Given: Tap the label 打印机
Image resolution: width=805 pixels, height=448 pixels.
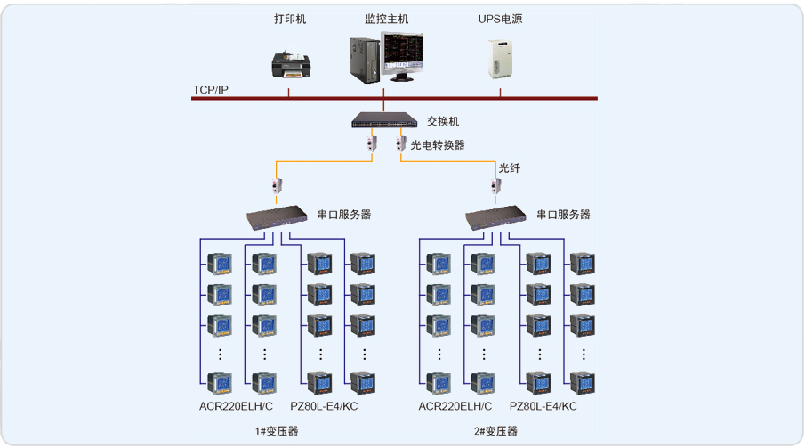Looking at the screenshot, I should tap(290, 19).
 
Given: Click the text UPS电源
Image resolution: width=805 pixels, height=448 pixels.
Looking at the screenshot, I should tap(501, 19).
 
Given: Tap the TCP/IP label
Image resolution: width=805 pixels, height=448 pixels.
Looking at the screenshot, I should tap(211, 90).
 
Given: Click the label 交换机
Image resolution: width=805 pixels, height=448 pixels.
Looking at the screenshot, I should tap(443, 121).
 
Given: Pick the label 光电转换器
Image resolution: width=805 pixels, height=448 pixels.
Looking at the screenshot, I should tap(437, 144).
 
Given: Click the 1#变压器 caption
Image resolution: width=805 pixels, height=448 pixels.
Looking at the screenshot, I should tap(277, 431).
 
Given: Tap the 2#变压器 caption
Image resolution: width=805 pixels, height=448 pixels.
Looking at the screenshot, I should tap(495, 431).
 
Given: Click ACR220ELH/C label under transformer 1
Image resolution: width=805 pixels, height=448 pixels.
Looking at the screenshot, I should tap(237, 407).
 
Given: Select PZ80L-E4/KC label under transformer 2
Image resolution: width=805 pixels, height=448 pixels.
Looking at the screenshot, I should tap(543, 407).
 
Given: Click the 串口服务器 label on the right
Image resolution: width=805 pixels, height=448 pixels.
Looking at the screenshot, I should tap(563, 215).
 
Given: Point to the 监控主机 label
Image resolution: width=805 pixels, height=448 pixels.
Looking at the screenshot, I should tap(388, 19).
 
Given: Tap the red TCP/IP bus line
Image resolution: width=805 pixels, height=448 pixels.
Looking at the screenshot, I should tap(534, 98).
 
